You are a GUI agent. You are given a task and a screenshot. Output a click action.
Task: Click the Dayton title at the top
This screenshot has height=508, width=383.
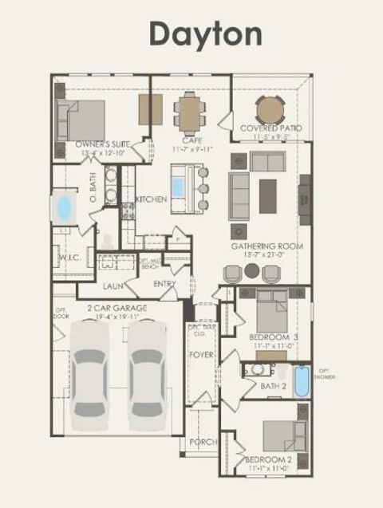[x=205, y=33]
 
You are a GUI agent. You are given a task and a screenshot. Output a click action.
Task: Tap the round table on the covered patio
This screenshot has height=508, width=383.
[x=270, y=109]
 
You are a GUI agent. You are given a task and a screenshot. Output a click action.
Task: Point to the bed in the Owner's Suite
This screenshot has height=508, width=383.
[x=83, y=120]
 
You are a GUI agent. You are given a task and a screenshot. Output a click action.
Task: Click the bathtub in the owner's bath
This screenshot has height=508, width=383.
[x=63, y=208]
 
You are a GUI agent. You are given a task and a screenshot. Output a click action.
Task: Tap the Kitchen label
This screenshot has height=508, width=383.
[x=151, y=199]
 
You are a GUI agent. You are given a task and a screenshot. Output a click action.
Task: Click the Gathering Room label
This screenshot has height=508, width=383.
[x=267, y=246]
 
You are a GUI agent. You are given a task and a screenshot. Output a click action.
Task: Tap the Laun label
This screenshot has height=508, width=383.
[x=113, y=286]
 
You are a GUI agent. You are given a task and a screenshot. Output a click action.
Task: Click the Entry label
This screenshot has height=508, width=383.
[x=164, y=284]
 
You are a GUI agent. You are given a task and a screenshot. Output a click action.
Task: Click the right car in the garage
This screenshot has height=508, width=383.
[x=145, y=372]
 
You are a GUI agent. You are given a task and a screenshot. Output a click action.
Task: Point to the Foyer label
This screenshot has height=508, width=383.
[x=202, y=354]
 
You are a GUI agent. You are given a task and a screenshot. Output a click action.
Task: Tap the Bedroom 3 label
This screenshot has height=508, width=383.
[x=273, y=337]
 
